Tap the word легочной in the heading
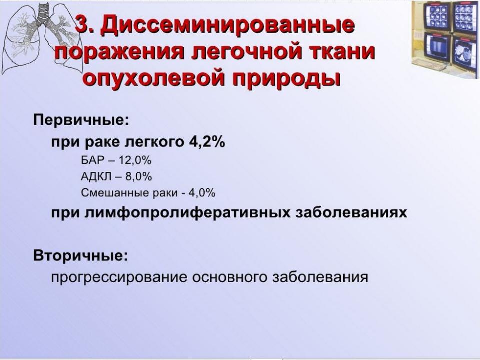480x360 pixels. coord(239,52)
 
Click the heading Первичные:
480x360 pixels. coord(81,120)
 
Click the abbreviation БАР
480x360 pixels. coord(93,160)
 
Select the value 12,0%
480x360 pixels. coord(135,160)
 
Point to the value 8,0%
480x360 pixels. coord(138,176)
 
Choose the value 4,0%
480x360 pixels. coord(202,193)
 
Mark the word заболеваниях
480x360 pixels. coord(351,212)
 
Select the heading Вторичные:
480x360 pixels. coord(81,256)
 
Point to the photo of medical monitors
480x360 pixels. coord(445,39)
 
